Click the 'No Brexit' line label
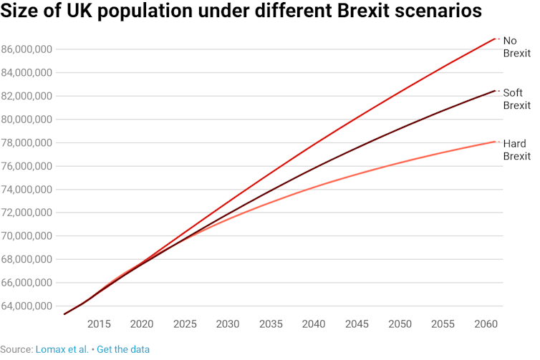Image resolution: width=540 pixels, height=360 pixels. click(x=516, y=47)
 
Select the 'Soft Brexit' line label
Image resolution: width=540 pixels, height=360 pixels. click(x=516, y=99)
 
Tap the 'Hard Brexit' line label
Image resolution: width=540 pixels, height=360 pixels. click(x=516, y=150)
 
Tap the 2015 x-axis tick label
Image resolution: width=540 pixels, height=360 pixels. click(x=99, y=324)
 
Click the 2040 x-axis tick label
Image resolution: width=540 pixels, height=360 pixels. click(x=314, y=324)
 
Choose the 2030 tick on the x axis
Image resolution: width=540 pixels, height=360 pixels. click(x=228, y=324)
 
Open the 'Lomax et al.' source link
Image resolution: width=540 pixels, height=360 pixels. click(x=62, y=349)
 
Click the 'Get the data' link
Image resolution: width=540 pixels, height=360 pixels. click(x=123, y=349)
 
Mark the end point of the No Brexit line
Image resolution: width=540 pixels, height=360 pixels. click(x=495, y=38)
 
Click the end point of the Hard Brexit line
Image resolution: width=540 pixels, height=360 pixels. click(x=495, y=142)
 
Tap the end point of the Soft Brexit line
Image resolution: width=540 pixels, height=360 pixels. click(x=495, y=90)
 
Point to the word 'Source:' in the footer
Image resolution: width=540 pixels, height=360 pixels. click(x=16, y=349)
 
